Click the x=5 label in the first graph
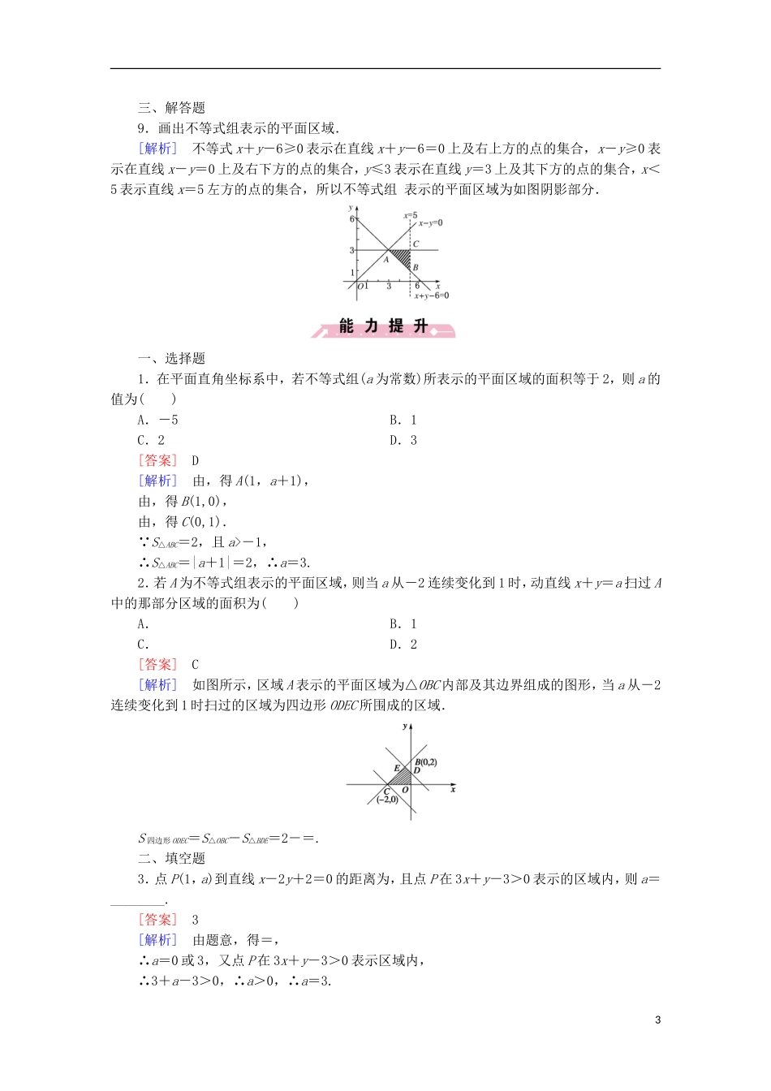411,216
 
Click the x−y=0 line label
430,222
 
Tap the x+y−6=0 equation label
431,295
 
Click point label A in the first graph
386,260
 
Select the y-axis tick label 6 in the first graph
352,219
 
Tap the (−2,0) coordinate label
387,800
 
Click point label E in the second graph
397,768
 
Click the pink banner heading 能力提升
384,326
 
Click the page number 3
657,1020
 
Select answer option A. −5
157,420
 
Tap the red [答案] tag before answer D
157,460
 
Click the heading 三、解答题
171,107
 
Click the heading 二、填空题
171,858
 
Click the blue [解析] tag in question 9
157,148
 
